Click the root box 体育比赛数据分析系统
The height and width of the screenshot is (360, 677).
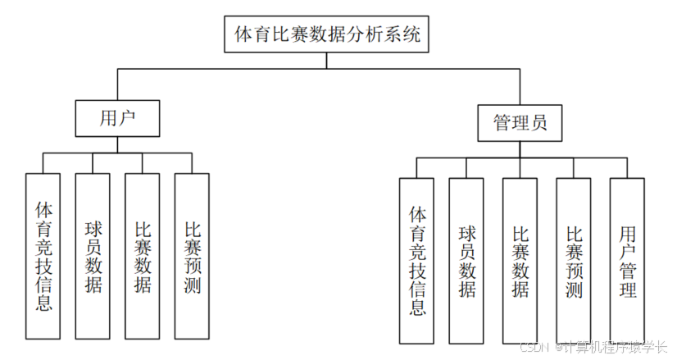click(x=326, y=34)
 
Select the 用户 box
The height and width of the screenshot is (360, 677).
click(x=116, y=119)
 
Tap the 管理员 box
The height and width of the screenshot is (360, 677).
click(x=520, y=124)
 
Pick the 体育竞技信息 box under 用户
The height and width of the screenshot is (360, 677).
click(x=43, y=256)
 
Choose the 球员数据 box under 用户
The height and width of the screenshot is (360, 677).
click(x=93, y=256)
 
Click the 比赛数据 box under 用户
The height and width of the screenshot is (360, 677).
click(x=142, y=256)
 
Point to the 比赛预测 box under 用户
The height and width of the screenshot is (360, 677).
click(x=193, y=256)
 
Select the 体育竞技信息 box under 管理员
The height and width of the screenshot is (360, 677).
click(x=417, y=261)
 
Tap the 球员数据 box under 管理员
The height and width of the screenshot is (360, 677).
click(x=467, y=261)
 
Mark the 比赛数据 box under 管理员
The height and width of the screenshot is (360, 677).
click(x=520, y=261)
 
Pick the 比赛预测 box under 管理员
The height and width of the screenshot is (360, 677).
click(x=574, y=261)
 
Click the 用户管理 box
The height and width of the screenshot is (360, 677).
click(x=627, y=261)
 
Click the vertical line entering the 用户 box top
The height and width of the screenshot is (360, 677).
click(x=116, y=86)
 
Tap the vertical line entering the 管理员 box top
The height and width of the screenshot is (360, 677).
click(x=520, y=89)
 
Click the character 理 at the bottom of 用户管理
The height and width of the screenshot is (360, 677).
click(x=627, y=289)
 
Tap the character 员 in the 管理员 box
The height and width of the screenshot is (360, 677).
click(x=538, y=124)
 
